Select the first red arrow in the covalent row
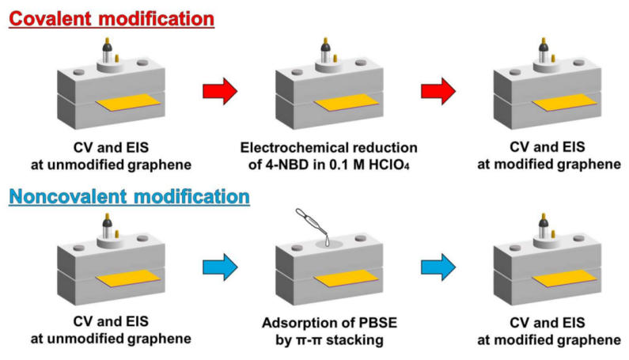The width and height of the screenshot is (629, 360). (220, 93)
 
